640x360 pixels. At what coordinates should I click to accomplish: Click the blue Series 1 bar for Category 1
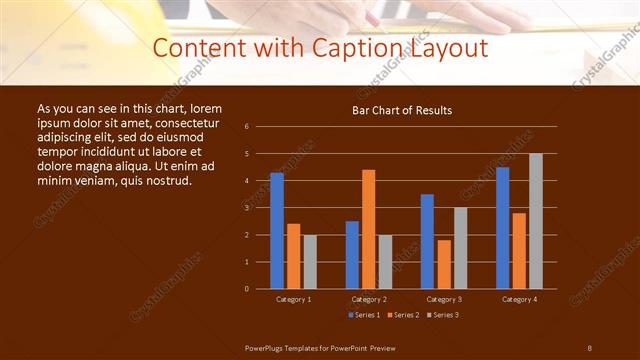(x=277, y=231)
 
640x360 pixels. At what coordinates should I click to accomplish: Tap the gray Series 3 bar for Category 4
(x=536, y=221)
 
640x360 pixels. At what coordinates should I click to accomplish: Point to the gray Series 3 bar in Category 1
(x=310, y=262)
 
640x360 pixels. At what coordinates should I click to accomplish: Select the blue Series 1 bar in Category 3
(x=427, y=241)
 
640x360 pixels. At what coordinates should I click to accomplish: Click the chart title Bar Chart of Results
(x=403, y=110)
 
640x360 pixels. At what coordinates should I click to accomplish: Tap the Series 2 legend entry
(x=402, y=315)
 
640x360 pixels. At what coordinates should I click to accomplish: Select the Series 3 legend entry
(x=441, y=315)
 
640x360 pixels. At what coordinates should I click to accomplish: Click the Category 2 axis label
(x=369, y=299)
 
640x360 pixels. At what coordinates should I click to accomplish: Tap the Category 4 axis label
(x=519, y=299)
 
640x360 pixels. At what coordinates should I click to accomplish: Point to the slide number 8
(x=590, y=347)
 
